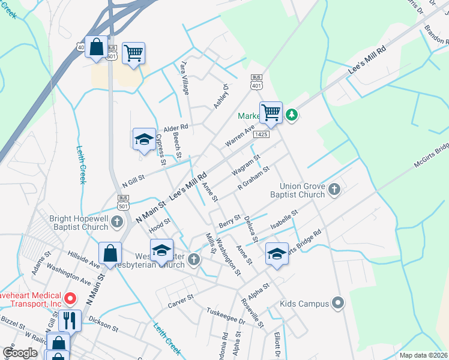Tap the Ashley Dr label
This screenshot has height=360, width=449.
pyautogui.click(x=221, y=97)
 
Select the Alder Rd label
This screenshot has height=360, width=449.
pyautogui.click(x=176, y=127)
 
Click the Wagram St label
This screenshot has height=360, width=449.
pyautogui.click(x=246, y=165)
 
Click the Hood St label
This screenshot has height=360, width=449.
pyautogui.click(x=160, y=225)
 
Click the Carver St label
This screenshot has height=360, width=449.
pyautogui.click(x=182, y=296)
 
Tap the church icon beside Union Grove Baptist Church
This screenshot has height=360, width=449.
pyautogui.click(x=335, y=190)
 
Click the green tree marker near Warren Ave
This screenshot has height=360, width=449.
pyautogui.click(x=292, y=114)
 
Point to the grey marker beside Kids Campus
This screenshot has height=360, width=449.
pyautogui.click(x=338, y=304)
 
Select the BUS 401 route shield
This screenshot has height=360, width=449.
pyautogui.click(x=256, y=82)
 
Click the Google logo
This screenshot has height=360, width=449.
pyautogui.click(x=20, y=353)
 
